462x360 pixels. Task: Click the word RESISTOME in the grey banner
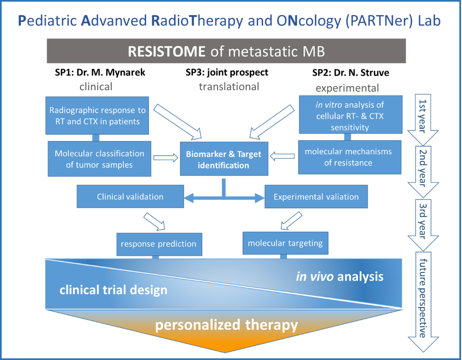(x=166, y=51)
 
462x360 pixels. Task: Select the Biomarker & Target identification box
(x=224, y=159)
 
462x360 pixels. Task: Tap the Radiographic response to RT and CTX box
(x=97, y=116)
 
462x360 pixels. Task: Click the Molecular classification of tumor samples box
(x=99, y=159)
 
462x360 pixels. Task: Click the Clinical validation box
(x=130, y=197)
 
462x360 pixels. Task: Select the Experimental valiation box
(x=316, y=197)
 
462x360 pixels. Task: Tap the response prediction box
(x=158, y=244)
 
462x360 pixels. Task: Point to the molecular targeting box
(x=285, y=243)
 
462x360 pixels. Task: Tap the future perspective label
(x=423, y=298)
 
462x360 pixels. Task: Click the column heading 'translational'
(x=229, y=87)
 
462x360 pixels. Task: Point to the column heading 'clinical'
(x=96, y=87)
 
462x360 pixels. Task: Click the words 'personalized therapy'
(x=226, y=326)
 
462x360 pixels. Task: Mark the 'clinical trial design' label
(x=113, y=290)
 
